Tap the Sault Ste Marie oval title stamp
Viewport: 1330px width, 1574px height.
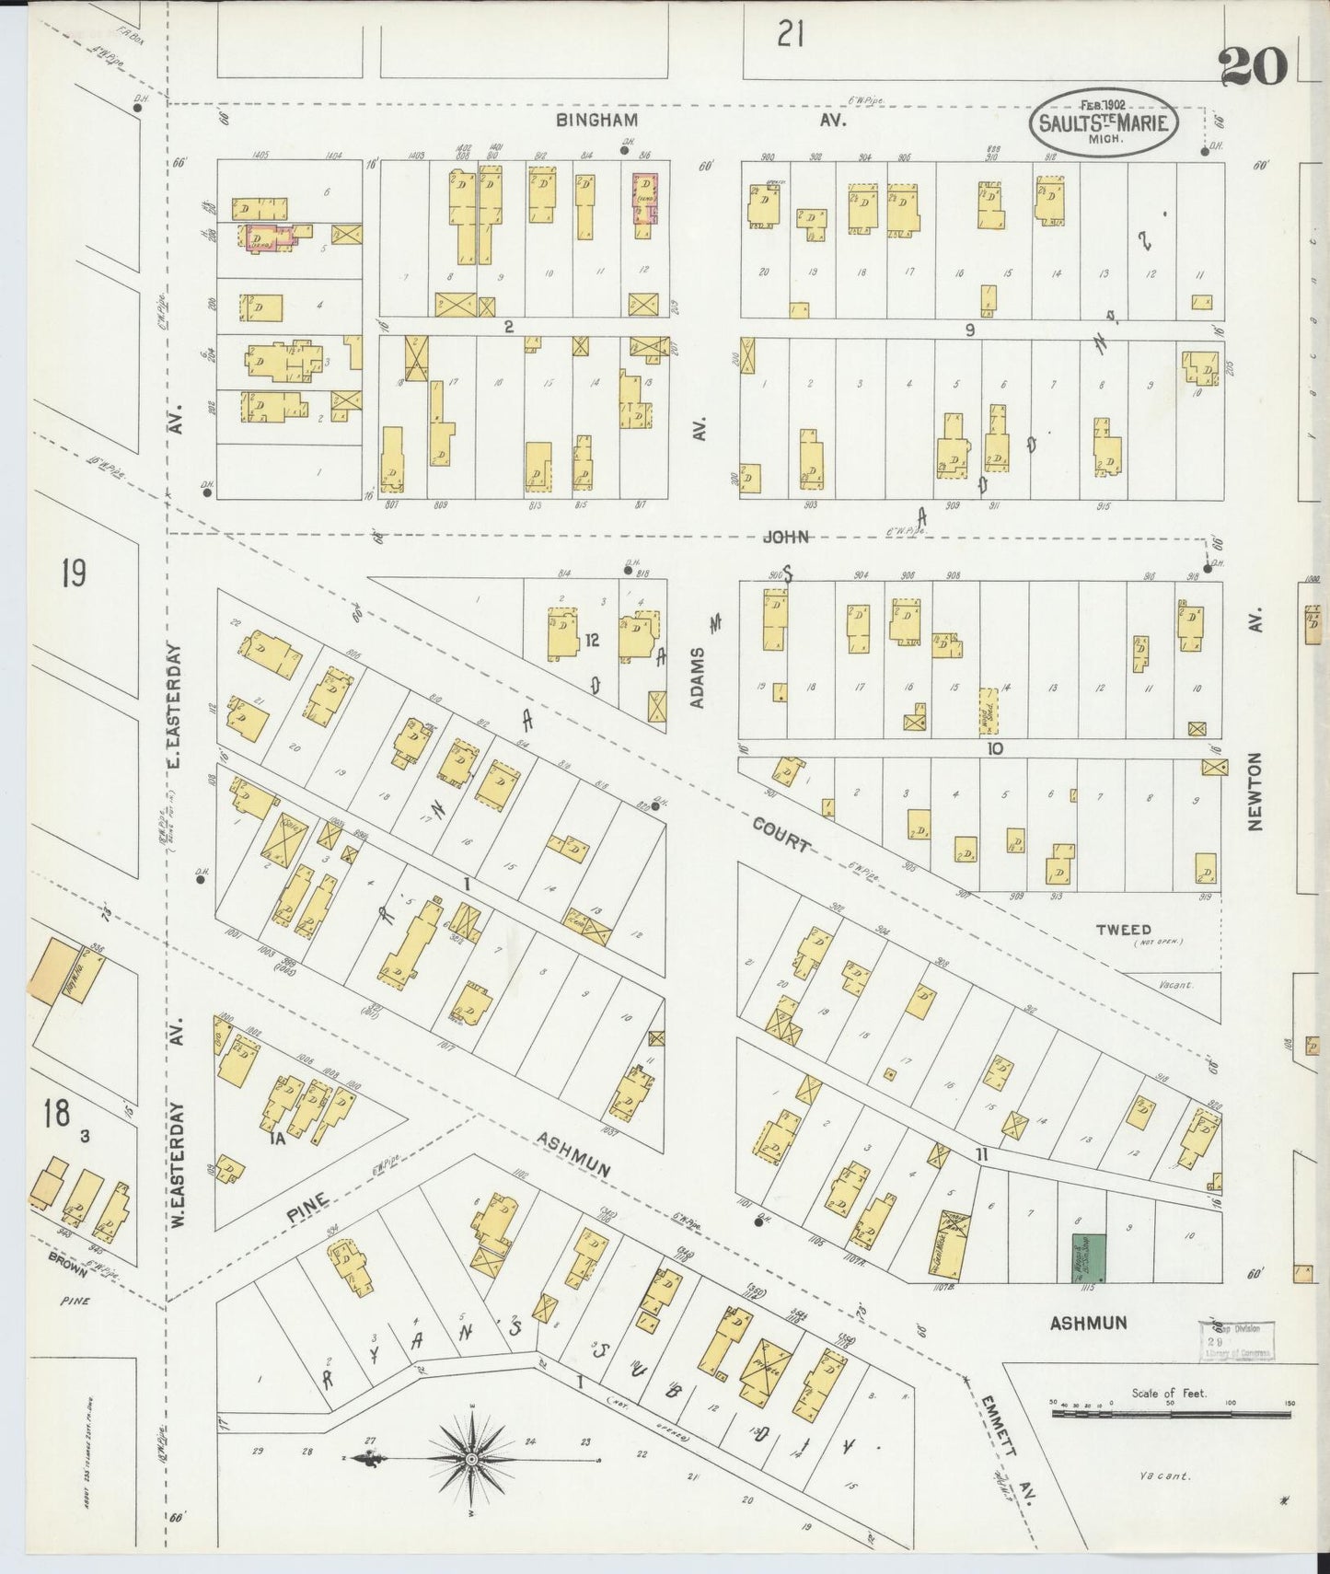1103,122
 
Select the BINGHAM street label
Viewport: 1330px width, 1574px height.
596,121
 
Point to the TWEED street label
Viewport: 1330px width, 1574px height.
1123,930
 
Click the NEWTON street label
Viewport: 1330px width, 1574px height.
1256,792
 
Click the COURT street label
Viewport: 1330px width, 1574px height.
781,834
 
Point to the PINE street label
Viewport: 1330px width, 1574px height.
306,1206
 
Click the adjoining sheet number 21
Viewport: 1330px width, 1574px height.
791,35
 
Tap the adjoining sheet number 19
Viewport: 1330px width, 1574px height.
74,573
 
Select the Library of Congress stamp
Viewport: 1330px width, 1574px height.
1236,1341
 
